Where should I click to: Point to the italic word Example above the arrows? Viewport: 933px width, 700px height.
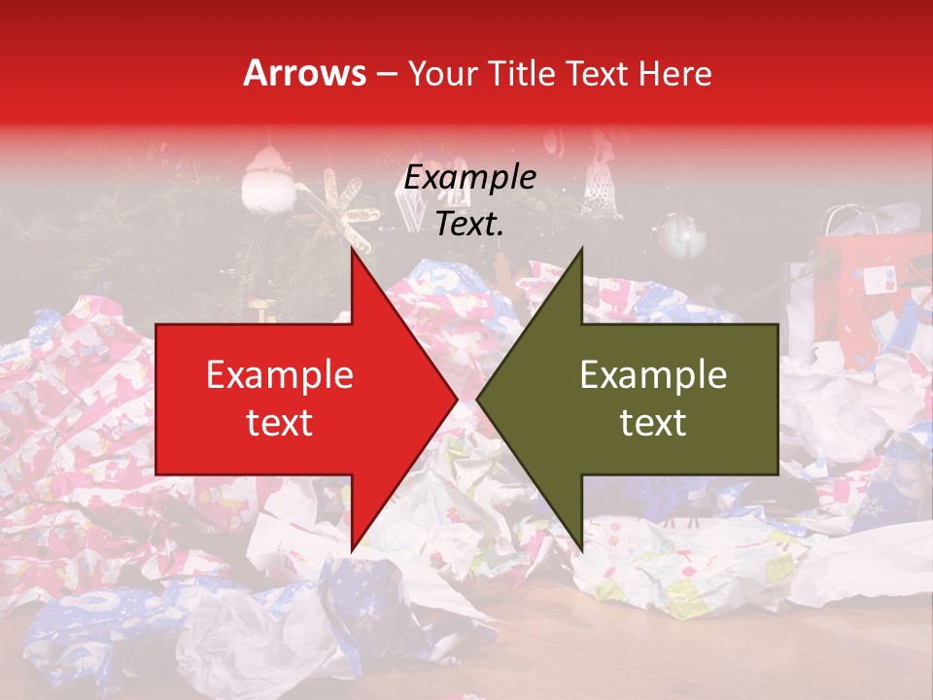(469, 178)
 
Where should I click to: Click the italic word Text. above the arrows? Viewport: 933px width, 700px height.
(469, 225)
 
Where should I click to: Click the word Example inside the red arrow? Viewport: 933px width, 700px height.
(279, 375)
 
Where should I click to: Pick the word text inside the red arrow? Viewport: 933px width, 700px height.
(279, 423)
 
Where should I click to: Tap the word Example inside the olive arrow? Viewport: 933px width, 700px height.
(653, 375)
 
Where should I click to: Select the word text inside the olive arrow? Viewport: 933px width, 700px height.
(653, 423)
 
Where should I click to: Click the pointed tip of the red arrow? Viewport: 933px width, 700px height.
(455, 400)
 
